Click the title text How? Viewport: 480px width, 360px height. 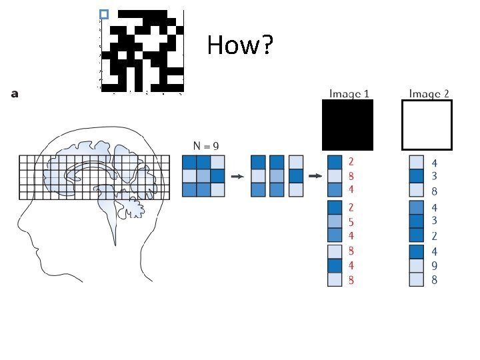(239, 45)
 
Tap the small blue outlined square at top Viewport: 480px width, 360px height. (103, 14)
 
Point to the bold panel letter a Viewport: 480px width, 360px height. (15, 94)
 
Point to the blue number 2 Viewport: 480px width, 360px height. (434, 235)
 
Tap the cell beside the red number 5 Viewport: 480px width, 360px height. (334, 221)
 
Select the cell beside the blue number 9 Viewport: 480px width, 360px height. (415, 266)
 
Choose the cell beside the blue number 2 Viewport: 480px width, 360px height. (415, 235)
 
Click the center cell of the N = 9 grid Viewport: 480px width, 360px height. (203, 176)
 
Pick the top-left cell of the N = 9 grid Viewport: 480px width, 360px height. (189, 162)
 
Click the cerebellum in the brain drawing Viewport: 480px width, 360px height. (133, 208)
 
